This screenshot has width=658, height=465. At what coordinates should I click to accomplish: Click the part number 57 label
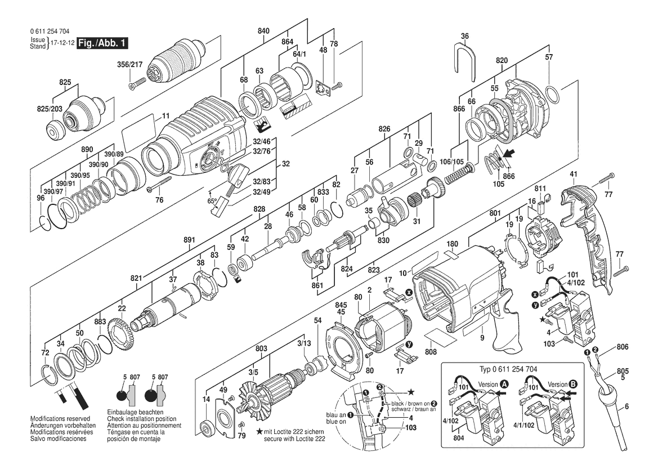tap(549, 57)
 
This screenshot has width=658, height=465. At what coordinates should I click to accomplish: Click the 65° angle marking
tap(212, 200)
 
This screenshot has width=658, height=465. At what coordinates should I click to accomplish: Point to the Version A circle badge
tap(504, 383)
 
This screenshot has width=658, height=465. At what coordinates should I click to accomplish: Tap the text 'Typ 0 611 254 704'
tap(509, 369)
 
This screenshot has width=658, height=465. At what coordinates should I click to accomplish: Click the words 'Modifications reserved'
tap(60, 420)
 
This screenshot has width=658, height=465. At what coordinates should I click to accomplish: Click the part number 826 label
tap(384, 129)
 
